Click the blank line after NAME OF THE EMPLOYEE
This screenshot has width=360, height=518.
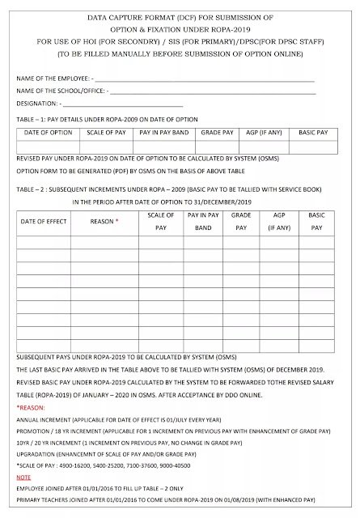coord(202,80)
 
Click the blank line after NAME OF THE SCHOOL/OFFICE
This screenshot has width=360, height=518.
coord(210,92)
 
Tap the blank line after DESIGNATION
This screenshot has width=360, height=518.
coord(121,105)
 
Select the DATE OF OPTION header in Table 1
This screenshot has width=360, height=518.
coord(44,132)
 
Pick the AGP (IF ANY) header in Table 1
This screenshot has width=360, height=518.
coord(263,132)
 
